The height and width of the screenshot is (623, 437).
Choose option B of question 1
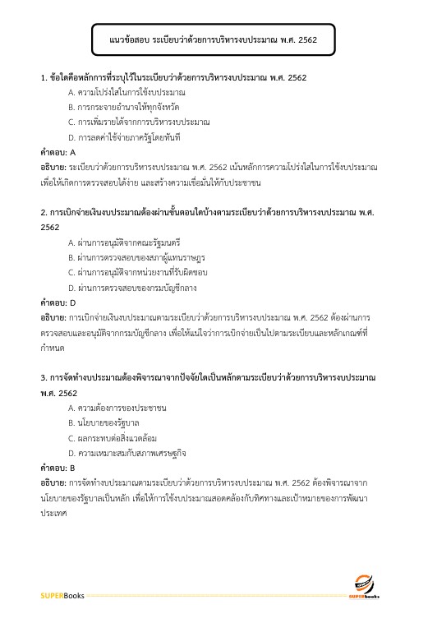pos(124,107)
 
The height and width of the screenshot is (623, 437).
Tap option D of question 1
pos(124,136)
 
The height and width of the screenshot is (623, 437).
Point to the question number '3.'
pos(44,377)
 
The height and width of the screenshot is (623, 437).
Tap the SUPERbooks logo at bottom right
pos(363,584)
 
